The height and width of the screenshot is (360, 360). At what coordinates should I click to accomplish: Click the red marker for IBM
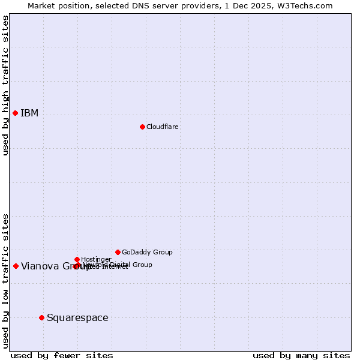15,113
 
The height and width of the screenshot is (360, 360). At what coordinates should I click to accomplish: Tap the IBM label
29,113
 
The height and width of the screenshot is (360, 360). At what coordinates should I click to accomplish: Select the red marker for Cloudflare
142,127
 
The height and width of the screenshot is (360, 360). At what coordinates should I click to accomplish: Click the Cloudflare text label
162,127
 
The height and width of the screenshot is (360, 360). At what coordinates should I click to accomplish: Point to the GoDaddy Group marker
118,252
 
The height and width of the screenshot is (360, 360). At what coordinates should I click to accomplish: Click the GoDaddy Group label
147,253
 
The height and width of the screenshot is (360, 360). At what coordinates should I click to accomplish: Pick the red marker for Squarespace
41,317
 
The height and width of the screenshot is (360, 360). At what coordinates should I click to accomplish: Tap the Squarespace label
77,318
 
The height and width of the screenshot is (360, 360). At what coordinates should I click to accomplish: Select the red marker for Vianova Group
16,266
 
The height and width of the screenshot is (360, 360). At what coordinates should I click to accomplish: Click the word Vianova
40,266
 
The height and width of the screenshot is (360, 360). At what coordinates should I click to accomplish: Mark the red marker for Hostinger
77,259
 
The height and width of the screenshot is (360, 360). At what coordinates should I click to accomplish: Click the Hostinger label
96,260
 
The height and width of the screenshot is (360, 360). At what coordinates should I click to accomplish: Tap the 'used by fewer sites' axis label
62,356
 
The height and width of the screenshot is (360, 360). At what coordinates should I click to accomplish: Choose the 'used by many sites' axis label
301,356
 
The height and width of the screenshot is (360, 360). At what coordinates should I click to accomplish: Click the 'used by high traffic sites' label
5,85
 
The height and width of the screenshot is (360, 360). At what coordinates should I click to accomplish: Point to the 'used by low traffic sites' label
5,280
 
